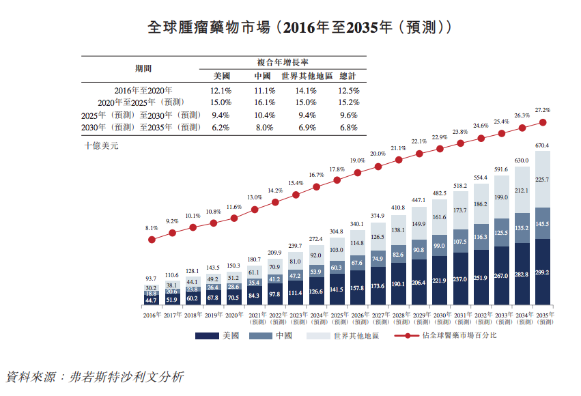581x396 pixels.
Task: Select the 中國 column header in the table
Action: pos(263,76)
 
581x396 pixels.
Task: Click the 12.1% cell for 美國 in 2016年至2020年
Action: pos(221,90)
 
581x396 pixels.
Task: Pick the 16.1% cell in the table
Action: pos(264,102)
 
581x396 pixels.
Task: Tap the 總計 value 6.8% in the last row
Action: pos(348,128)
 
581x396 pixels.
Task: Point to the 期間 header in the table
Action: pos(143,68)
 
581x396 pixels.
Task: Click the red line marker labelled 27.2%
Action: pos(543,122)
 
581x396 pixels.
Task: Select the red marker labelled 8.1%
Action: pos(152,240)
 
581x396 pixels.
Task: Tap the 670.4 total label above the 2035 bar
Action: pos(543,145)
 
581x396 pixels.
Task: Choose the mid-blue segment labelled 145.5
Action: pos(543,223)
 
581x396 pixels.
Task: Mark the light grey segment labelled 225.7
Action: pos(543,180)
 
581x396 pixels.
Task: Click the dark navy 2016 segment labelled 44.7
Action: pos(152,300)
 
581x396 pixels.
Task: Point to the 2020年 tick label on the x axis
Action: pos(233,315)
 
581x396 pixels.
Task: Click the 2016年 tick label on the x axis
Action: pos(152,315)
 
